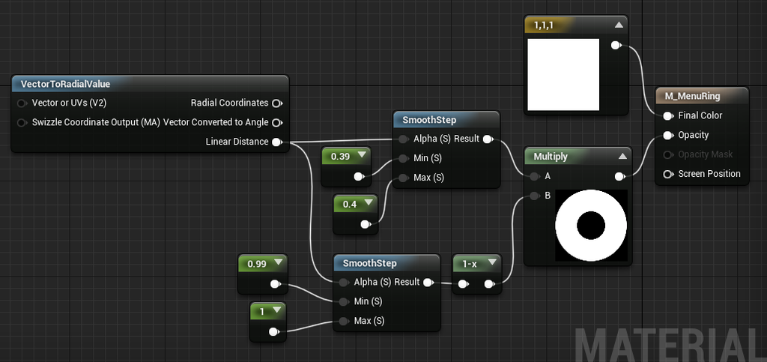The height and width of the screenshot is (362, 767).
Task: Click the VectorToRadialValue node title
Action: [66, 84]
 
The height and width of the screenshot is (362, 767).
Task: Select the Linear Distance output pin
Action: [277, 142]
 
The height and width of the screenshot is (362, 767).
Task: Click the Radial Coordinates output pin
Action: [277, 103]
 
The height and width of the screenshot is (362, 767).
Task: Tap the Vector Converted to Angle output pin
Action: [277, 122]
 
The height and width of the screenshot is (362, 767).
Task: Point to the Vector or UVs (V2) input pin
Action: [22, 103]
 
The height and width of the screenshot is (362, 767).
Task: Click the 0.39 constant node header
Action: [346, 156]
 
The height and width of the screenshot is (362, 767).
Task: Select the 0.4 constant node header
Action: [356, 204]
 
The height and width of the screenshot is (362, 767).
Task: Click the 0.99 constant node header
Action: [263, 264]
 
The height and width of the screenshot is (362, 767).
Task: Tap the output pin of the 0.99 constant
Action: [276, 284]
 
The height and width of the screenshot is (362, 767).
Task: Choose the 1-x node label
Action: [470, 264]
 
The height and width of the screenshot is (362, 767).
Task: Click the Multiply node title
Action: [551, 157]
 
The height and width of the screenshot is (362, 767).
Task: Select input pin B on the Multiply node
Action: [534, 196]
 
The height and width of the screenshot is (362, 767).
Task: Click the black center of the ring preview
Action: [591, 226]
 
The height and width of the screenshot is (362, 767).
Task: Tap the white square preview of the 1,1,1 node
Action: [563, 75]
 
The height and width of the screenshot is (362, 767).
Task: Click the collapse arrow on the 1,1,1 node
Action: [619, 25]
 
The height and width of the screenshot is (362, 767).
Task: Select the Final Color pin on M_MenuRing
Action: [667, 116]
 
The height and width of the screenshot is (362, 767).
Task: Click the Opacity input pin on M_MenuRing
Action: [667, 136]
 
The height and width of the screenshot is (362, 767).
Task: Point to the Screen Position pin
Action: [667, 174]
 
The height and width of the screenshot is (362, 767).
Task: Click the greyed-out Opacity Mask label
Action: [706, 154]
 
